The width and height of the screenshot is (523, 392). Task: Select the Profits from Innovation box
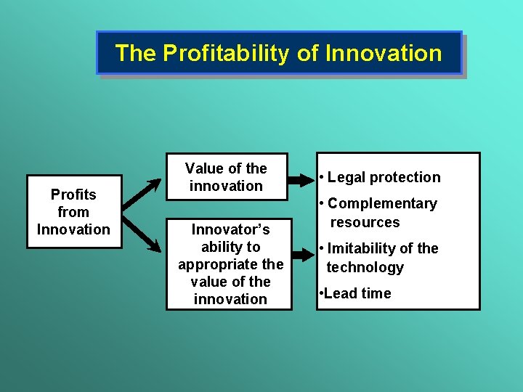coord(73,212)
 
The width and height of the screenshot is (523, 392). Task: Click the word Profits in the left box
coord(73,195)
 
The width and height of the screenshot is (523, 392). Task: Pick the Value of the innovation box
coord(227,176)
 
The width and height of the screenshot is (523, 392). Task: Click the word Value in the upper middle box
coord(204,168)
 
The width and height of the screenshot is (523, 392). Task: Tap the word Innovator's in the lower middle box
coord(230,229)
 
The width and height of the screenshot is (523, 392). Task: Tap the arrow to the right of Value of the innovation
coord(301,176)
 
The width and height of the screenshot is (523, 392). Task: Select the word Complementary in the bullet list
coord(382,204)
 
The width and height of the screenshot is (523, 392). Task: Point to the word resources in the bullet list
coord(365,222)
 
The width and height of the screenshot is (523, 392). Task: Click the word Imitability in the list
coord(363,248)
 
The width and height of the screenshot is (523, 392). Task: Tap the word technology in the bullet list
coord(365,267)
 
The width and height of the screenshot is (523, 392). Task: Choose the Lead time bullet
coord(356,293)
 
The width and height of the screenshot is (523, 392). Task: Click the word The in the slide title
coord(135,53)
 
